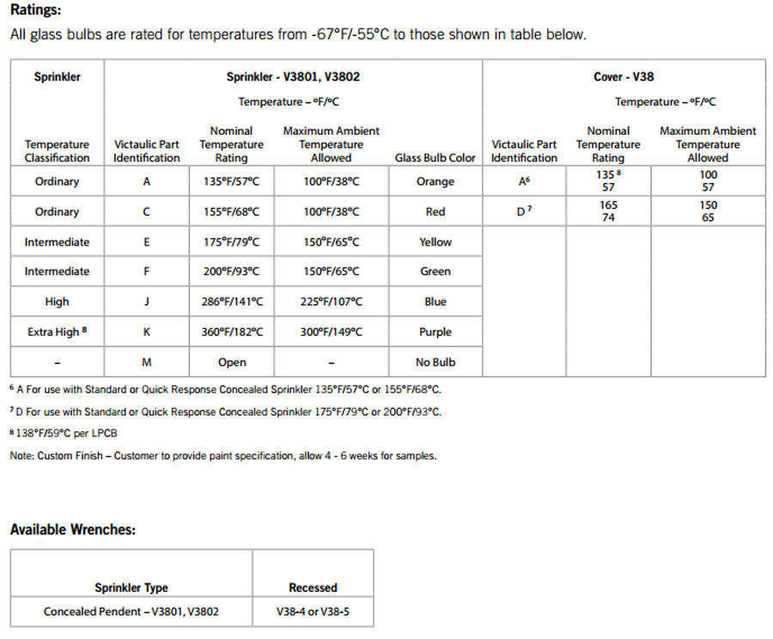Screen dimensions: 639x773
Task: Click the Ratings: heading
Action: click(x=35, y=12)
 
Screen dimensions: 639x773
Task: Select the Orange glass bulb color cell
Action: click(x=435, y=181)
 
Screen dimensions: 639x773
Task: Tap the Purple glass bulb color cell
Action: click(x=435, y=332)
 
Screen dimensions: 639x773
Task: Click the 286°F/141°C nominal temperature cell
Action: click(x=231, y=301)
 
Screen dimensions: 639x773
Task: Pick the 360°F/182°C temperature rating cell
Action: click(x=231, y=332)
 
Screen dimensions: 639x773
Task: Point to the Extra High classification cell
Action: click(x=57, y=332)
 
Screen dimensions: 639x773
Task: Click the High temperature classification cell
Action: click(x=57, y=301)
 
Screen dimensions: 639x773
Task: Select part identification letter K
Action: click(x=146, y=332)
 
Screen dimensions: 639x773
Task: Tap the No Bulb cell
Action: click(x=435, y=362)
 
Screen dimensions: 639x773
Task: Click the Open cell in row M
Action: click(x=231, y=362)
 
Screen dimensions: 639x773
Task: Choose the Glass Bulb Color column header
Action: click(x=435, y=158)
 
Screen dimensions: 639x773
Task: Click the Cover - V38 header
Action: click(x=623, y=76)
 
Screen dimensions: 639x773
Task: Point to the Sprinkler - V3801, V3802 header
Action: click(x=293, y=76)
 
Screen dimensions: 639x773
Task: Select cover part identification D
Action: click(x=523, y=211)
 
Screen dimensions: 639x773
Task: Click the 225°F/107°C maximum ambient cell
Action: click(x=331, y=301)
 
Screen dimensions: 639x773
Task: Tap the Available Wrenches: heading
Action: click(x=72, y=529)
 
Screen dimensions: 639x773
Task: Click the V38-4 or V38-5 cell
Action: click(x=313, y=612)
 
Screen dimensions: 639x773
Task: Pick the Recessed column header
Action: click(x=313, y=587)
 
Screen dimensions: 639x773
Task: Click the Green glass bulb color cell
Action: click(x=435, y=271)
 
